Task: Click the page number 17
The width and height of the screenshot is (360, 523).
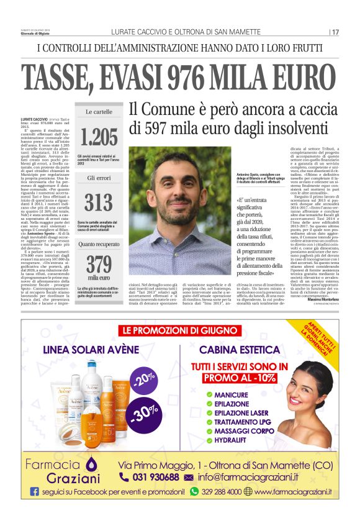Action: point(335,32)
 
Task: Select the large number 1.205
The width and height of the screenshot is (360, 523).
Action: point(99,136)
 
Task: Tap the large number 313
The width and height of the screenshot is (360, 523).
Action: point(99,202)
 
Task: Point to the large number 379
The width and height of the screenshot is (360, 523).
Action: point(99,263)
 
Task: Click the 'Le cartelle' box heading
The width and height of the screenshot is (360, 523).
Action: point(99,112)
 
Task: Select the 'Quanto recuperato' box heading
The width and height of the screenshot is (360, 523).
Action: point(99,244)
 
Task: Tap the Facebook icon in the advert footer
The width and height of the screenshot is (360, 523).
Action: point(34,492)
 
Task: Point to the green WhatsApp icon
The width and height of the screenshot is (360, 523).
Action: point(194,491)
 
